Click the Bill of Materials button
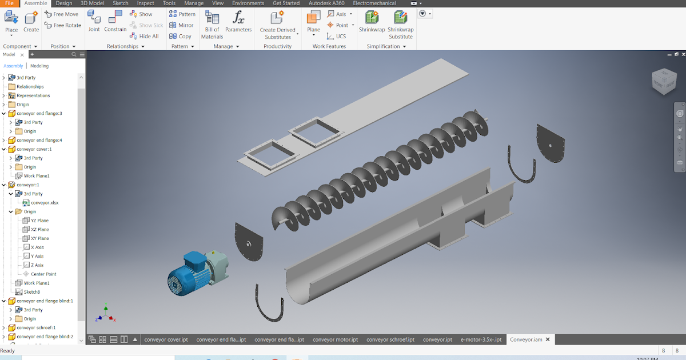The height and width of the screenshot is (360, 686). click(x=212, y=25)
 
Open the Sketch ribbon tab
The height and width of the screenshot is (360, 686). click(x=121, y=3)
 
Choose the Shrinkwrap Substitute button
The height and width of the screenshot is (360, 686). click(x=401, y=25)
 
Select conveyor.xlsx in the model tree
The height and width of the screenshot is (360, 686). click(x=44, y=202)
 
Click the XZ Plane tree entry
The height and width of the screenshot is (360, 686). click(x=39, y=229)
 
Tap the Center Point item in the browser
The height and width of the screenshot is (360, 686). click(x=43, y=274)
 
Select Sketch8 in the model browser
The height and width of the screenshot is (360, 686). click(x=31, y=291)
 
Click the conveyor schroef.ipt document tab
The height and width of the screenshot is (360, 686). click(x=390, y=339)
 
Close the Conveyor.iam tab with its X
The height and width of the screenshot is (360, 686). click(x=548, y=339)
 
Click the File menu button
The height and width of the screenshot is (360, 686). click(x=9, y=3)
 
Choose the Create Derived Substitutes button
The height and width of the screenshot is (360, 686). click(x=278, y=25)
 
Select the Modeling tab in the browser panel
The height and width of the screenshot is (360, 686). click(x=39, y=66)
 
